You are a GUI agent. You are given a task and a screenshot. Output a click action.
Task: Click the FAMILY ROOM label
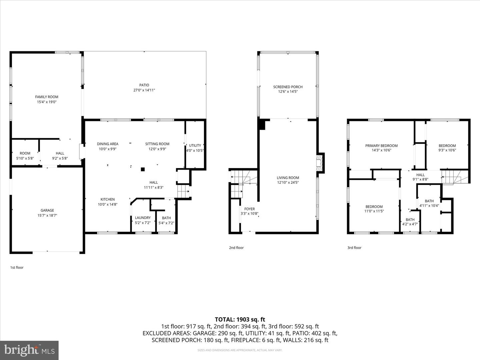(47, 97)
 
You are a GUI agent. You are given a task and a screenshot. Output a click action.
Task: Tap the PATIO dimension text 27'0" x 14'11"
(144, 90)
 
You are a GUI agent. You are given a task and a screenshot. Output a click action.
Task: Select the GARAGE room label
(47, 210)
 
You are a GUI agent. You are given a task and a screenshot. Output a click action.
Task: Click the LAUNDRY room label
(143, 218)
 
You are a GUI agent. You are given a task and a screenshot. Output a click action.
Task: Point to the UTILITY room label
(195, 145)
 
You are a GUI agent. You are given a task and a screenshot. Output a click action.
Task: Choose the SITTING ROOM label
(157, 144)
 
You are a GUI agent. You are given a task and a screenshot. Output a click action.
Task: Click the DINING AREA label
(108, 144)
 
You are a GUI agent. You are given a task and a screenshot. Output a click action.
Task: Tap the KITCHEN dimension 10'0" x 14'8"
(108, 204)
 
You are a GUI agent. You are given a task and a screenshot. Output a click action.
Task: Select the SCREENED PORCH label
(288, 87)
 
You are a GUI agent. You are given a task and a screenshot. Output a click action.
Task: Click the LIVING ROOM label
(288, 178)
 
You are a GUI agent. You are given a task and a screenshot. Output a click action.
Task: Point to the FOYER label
(249, 209)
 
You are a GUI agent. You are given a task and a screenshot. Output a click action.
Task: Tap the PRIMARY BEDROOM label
(381, 146)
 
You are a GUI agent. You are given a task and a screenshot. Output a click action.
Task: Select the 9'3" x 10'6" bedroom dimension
(447, 150)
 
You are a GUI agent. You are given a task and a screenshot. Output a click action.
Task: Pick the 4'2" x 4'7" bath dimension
(410, 224)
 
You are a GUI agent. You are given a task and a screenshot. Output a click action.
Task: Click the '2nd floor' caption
(236, 248)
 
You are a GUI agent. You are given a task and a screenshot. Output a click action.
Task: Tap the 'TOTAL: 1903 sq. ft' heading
(240, 319)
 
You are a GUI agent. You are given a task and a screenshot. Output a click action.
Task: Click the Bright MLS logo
(29, 350)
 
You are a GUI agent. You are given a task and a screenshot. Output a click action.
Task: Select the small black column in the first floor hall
(143, 169)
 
